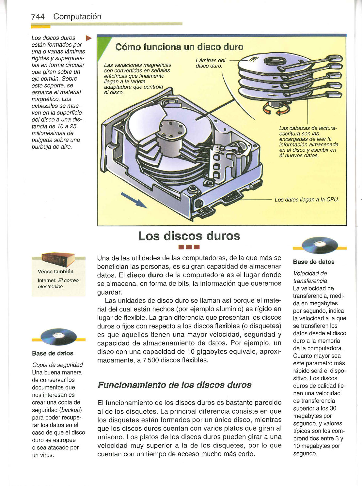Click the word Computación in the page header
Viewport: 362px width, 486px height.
(x=77, y=17)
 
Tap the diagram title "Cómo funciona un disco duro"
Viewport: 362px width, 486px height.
(x=180, y=47)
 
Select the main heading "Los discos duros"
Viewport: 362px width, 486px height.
(x=189, y=236)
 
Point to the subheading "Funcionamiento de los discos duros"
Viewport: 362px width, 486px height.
(x=175, y=385)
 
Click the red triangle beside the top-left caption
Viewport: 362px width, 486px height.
(x=88, y=39)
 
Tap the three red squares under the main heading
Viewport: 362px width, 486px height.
(x=189, y=247)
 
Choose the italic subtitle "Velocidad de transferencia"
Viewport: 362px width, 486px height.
(x=310, y=277)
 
